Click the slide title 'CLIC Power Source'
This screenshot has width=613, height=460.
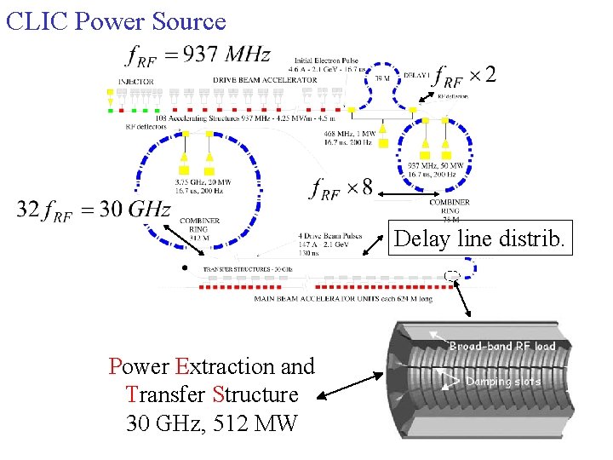point(116,20)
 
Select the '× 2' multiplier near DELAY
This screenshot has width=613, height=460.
point(484,75)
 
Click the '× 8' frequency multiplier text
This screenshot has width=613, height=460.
point(360,187)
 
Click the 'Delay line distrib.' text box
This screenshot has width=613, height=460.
point(478,239)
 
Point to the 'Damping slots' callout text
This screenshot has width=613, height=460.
point(503,382)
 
